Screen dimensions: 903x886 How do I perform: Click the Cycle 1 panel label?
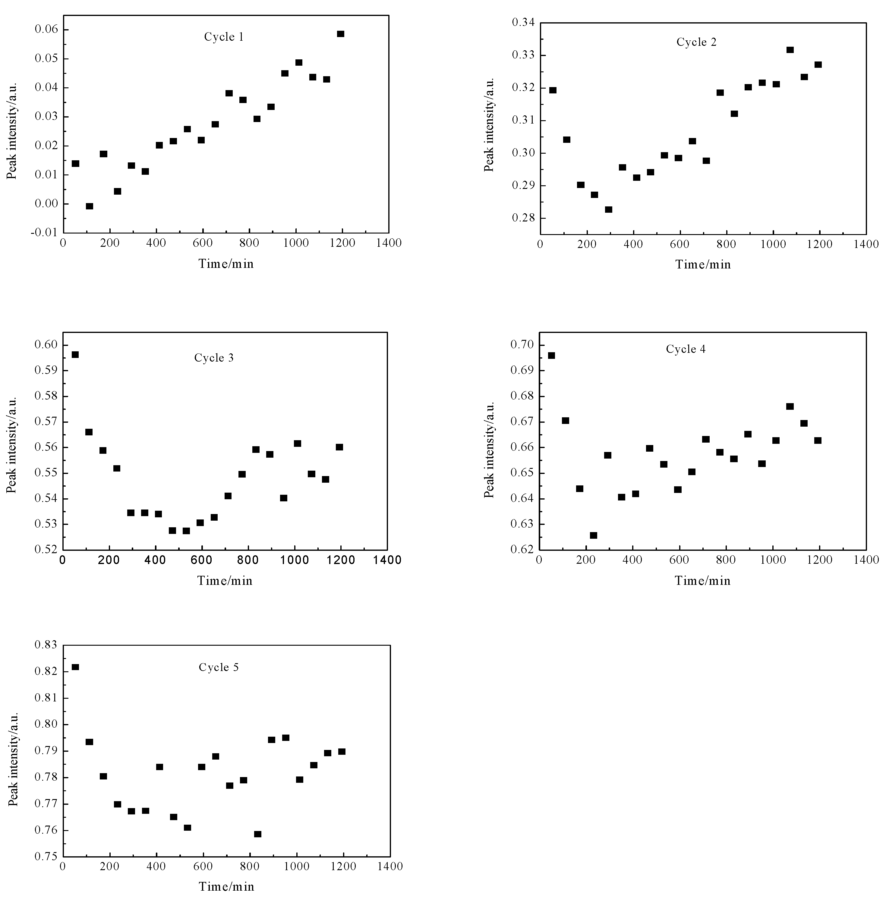pyautogui.click(x=223, y=37)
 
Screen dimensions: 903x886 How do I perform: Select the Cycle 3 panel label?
pyautogui.click(x=214, y=358)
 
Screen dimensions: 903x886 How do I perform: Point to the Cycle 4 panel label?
pyautogui.click(x=686, y=349)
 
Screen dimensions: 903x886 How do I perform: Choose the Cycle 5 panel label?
pyautogui.click(x=219, y=667)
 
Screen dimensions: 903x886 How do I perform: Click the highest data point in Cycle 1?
pyautogui.click(x=341, y=34)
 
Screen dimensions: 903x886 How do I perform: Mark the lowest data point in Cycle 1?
pyautogui.click(x=89, y=206)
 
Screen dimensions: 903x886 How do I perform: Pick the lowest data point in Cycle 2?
pyautogui.click(x=608, y=209)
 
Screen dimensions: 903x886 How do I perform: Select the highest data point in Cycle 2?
pyautogui.click(x=790, y=50)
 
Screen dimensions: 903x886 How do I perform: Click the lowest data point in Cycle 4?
pyautogui.click(x=593, y=535)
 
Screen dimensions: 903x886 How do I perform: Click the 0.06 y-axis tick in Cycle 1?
pyautogui.click(x=46, y=30)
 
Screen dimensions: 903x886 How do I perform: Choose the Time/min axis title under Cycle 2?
pyautogui.click(x=703, y=265)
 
